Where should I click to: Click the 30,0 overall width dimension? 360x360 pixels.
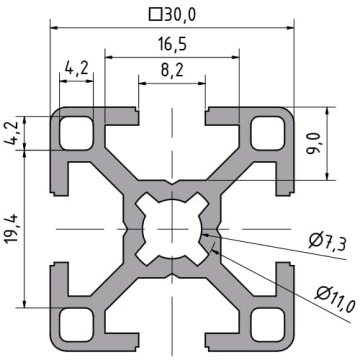(x=180, y=15)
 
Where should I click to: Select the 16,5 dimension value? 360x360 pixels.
(x=172, y=44)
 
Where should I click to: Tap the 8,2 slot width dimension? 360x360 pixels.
(x=172, y=70)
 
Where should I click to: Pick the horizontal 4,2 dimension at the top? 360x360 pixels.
(x=77, y=69)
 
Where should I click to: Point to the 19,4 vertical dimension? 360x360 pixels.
(x=13, y=229)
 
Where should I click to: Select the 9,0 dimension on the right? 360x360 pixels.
(x=313, y=143)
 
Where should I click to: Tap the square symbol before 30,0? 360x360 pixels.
(x=155, y=15)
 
